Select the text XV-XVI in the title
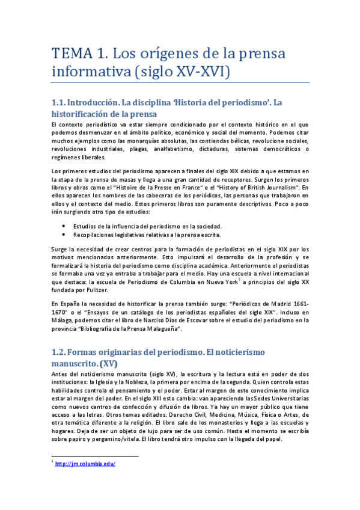[203, 72]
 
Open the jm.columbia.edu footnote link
[85, 464]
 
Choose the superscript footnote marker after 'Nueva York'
[240, 278]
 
